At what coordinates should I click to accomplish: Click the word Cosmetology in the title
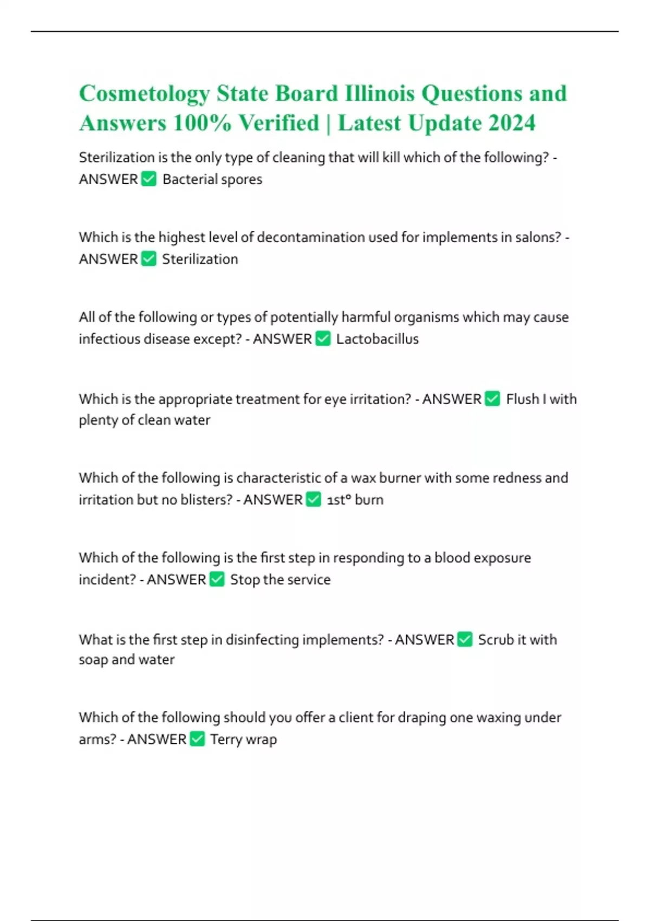click(x=144, y=94)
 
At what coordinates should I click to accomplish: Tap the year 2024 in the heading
click(x=511, y=123)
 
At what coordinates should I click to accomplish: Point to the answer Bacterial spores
click(x=212, y=179)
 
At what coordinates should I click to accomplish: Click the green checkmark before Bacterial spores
click(x=148, y=179)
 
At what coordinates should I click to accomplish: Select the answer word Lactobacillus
click(x=377, y=339)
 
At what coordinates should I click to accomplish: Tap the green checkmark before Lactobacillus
click(x=323, y=339)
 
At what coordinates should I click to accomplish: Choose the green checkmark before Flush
click(x=492, y=399)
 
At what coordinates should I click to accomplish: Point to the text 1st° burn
click(x=355, y=500)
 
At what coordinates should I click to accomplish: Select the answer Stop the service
click(x=280, y=580)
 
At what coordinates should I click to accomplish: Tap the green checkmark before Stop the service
click(x=217, y=579)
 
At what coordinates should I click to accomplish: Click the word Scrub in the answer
click(x=495, y=640)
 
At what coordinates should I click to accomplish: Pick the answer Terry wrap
click(x=243, y=740)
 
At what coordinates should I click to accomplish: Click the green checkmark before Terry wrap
click(x=197, y=739)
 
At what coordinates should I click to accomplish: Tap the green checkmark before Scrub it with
click(x=465, y=639)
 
